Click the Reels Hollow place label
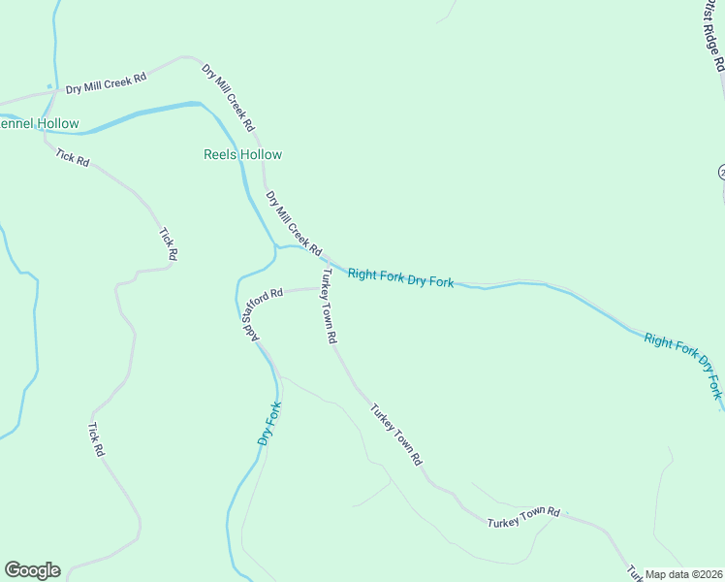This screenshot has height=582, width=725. click(242, 154)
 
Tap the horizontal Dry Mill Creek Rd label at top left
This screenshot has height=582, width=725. click(106, 82)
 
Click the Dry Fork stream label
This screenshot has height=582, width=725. click(269, 423)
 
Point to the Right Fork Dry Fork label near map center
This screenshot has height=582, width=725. click(400, 278)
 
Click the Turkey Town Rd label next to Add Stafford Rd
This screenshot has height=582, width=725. click(328, 307)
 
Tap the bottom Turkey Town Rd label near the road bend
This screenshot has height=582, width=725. click(524, 517)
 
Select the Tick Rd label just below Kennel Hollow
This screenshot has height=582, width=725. click(73, 158)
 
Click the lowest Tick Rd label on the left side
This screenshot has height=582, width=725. click(95, 439)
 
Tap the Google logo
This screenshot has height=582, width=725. click(32, 570)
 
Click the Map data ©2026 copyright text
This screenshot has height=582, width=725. click(683, 574)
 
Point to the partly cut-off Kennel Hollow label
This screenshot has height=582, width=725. click(39, 124)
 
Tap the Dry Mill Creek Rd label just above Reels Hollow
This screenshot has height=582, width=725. click(228, 98)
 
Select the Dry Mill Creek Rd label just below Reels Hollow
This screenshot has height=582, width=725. click(294, 224)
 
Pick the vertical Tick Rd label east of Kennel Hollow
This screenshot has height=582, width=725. click(169, 243)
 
